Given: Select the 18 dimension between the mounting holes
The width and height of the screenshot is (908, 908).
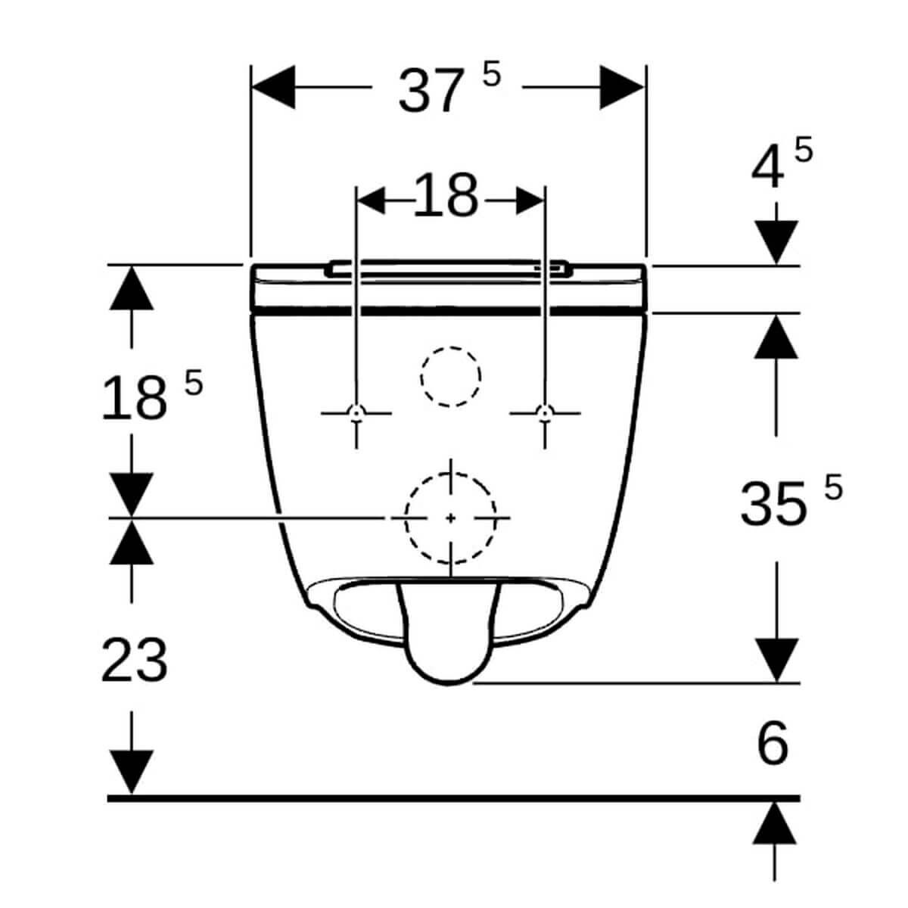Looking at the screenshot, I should [x=446, y=195].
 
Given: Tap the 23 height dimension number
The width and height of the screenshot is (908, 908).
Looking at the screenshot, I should [x=134, y=660].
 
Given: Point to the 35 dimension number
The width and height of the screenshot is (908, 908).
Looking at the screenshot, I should [x=773, y=505].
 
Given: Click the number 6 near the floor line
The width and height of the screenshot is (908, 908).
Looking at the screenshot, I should [x=773, y=744].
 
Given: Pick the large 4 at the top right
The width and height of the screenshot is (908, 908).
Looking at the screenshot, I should [x=767, y=170].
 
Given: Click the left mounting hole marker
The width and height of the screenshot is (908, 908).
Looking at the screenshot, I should [x=356, y=412].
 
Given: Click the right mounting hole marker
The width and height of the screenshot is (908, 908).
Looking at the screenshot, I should [x=544, y=412].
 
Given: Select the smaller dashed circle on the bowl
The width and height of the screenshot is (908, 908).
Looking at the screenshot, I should [x=451, y=376].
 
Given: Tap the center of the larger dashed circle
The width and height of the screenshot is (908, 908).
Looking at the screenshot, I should [x=451, y=518].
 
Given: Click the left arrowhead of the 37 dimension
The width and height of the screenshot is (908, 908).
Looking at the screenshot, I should [x=272, y=87].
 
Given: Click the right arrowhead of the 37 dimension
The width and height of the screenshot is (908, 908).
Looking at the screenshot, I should [x=623, y=87].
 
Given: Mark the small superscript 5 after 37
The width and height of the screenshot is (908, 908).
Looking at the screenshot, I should [x=491, y=75].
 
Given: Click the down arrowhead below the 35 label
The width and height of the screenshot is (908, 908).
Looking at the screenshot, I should [x=776, y=661].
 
